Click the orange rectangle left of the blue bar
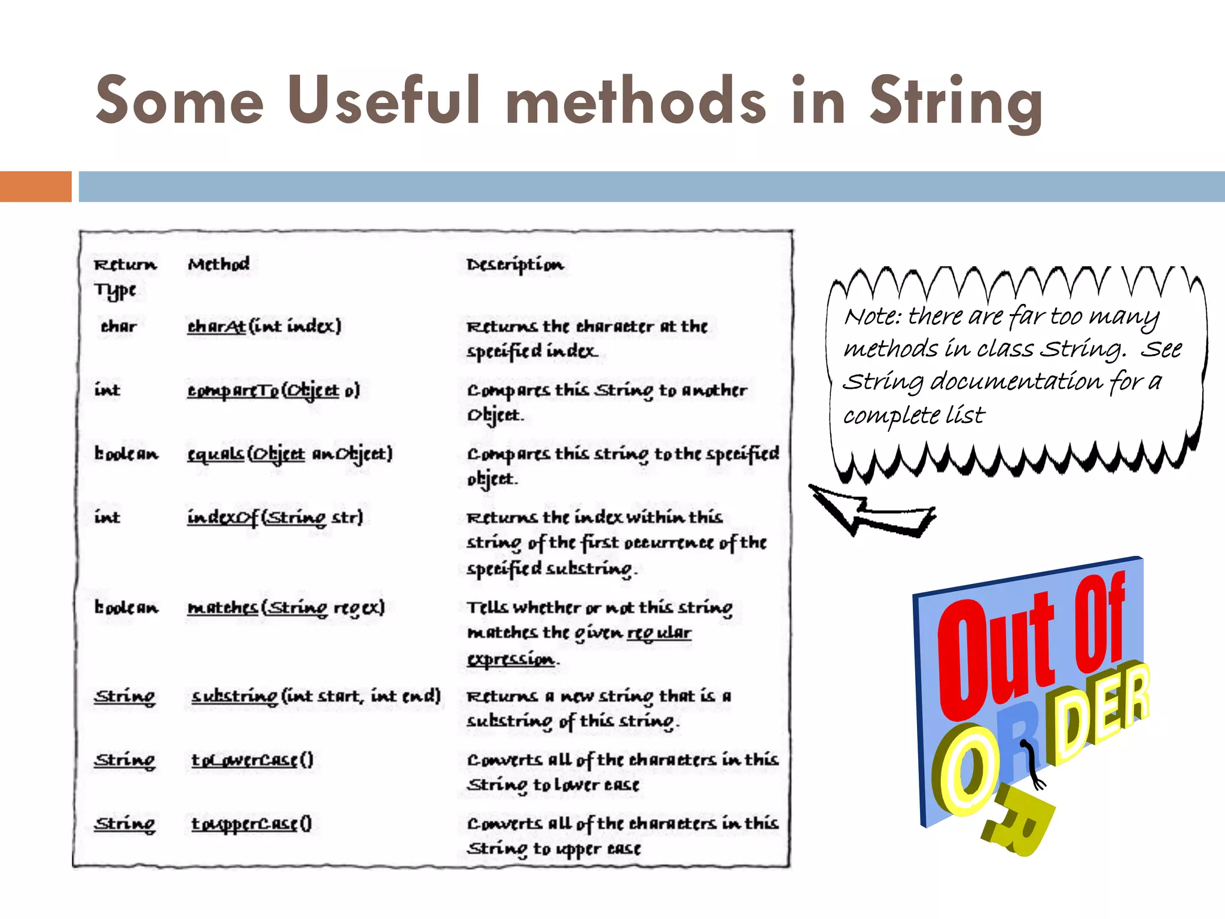click(35, 186)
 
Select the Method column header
click(218, 264)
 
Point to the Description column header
click(514, 264)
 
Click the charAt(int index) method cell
click(264, 326)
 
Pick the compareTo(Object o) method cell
click(273, 390)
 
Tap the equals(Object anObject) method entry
click(290, 454)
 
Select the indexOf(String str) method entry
click(275, 518)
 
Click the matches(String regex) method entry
click(285, 608)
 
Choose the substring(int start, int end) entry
click(315, 696)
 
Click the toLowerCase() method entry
click(252, 760)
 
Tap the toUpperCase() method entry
click(251, 824)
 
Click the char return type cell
click(118, 327)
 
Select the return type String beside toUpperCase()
click(124, 824)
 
